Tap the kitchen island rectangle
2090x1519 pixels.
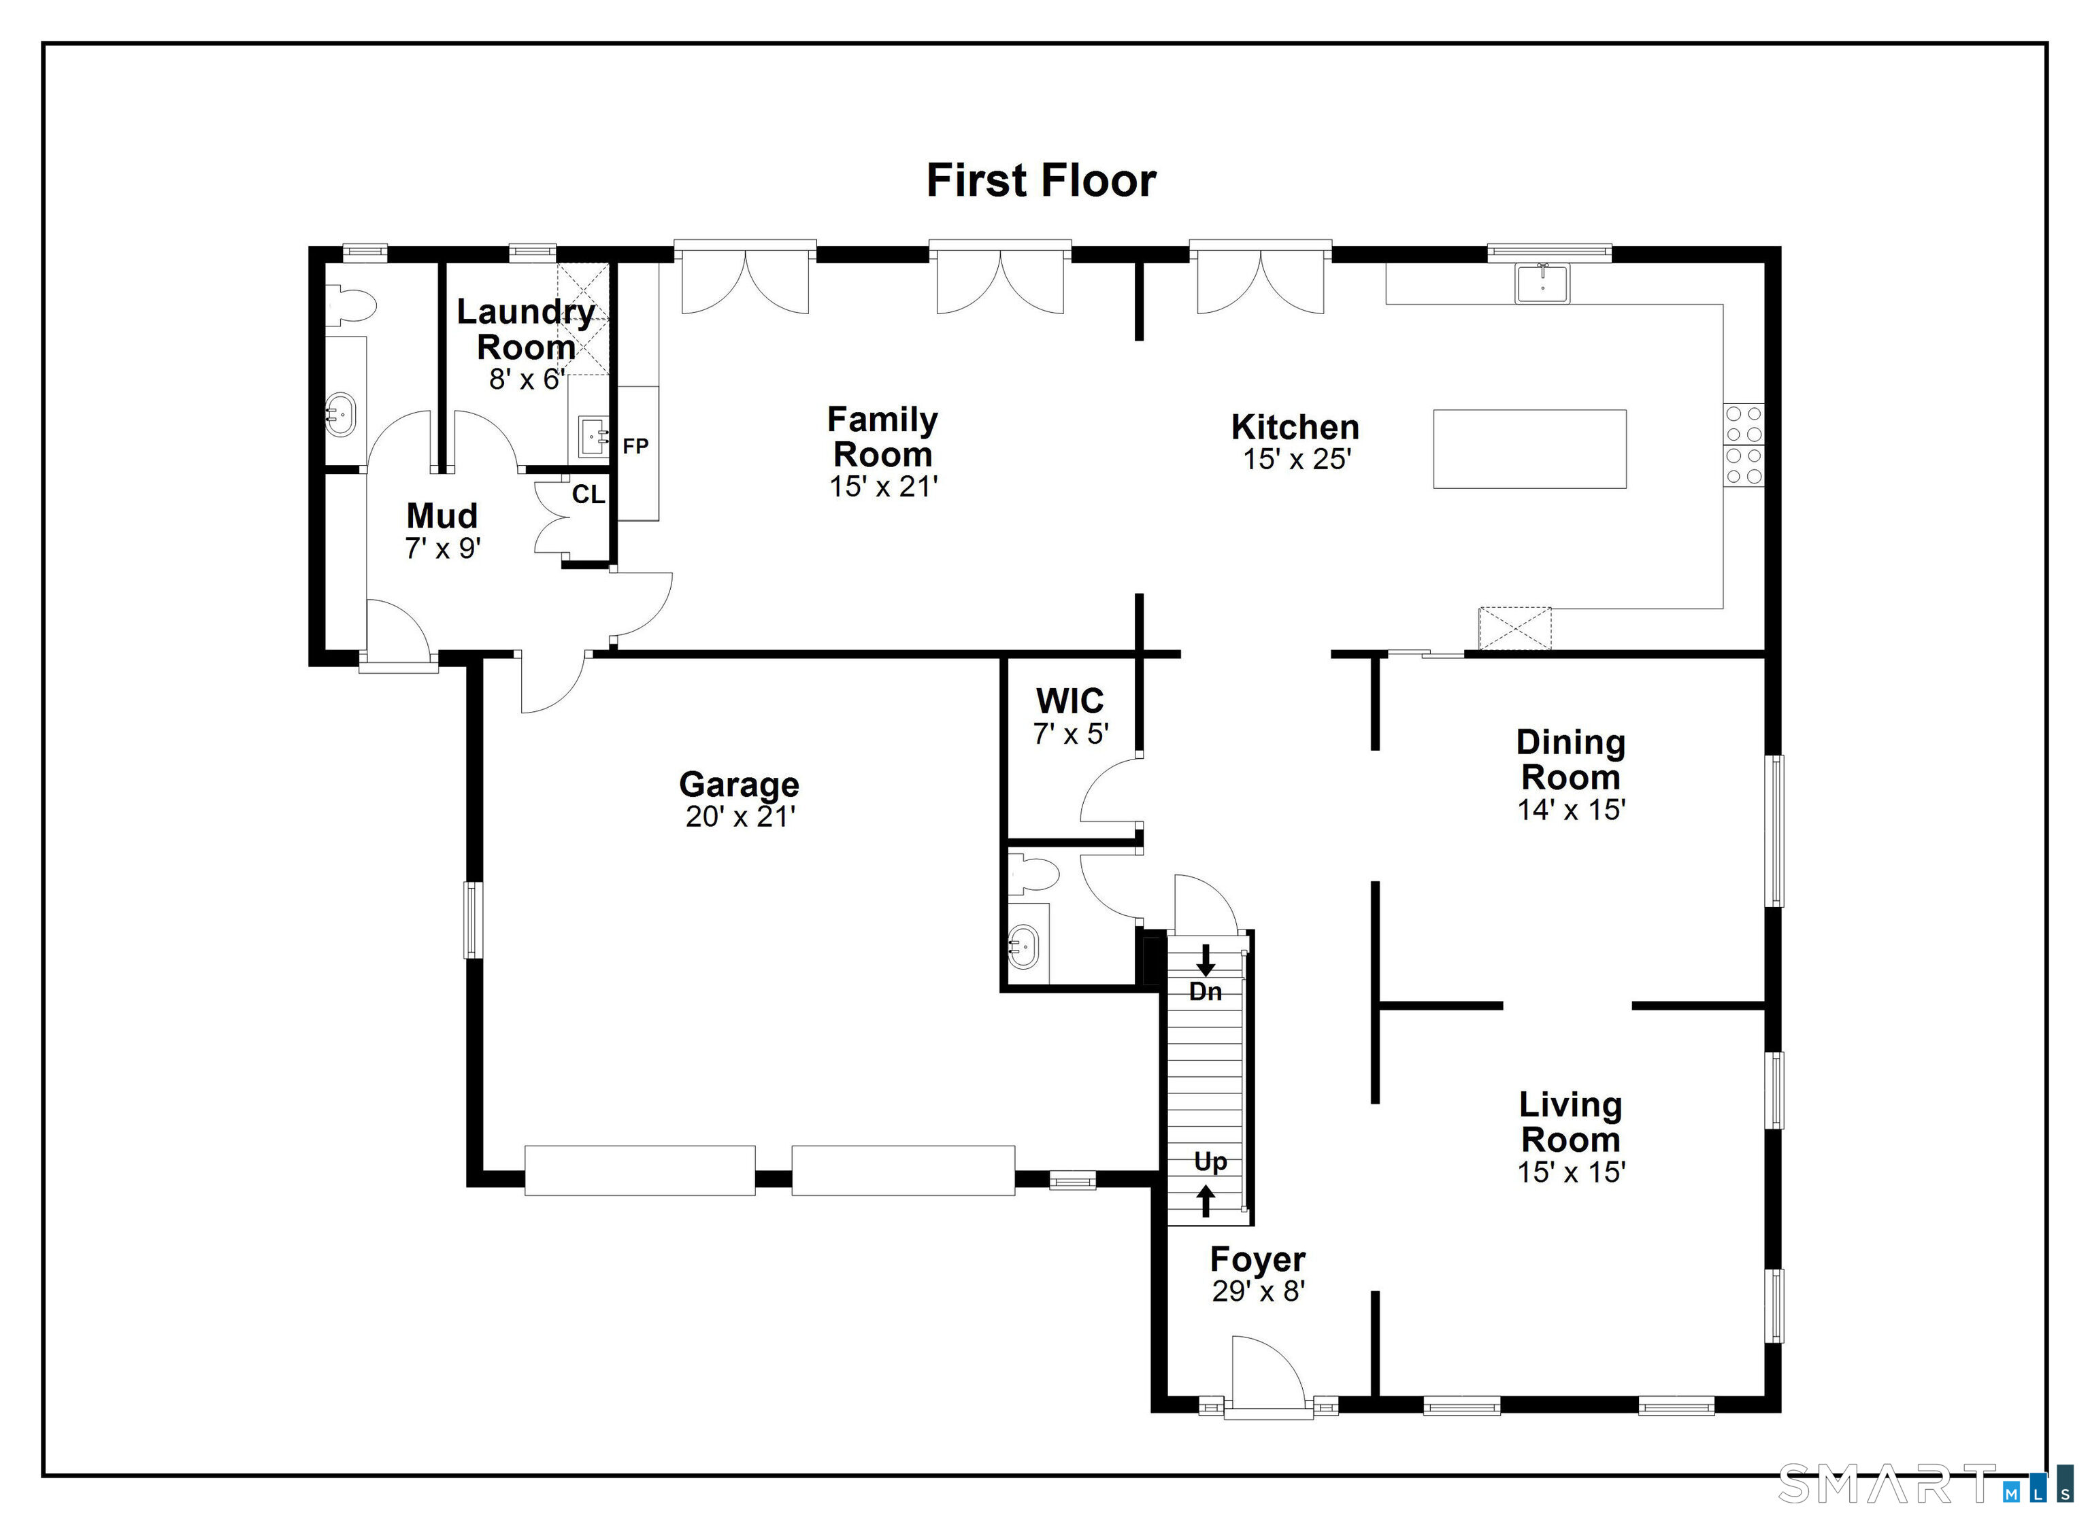pyautogui.click(x=1529, y=449)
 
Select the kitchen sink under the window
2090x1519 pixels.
pyautogui.click(x=1542, y=283)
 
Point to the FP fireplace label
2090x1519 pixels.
pyautogui.click(x=636, y=446)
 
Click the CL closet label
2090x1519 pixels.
pyautogui.click(x=588, y=495)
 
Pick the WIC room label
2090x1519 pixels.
pyautogui.click(x=1070, y=701)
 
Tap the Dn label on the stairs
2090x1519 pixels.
pyautogui.click(x=1206, y=991)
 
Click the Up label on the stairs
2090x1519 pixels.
pyautogui.click(x=1210, y=1161)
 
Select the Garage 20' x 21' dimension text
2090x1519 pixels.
pyautogui.click(x=740, y=816)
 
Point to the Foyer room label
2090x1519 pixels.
pyautogui.click(x=1258, y=1259)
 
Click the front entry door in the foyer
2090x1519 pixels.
pyautogui.click(x=1268, y=1377)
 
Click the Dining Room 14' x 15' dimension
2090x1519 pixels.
pyautogui.click(x=1571, y=810)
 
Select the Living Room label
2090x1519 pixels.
pyautogui.click(x=1570, y=1122)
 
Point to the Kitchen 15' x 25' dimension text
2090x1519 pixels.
pyautogui.click(x=1297, y=459)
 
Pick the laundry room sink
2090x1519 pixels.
pyautogui.click(x=592, y=437)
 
